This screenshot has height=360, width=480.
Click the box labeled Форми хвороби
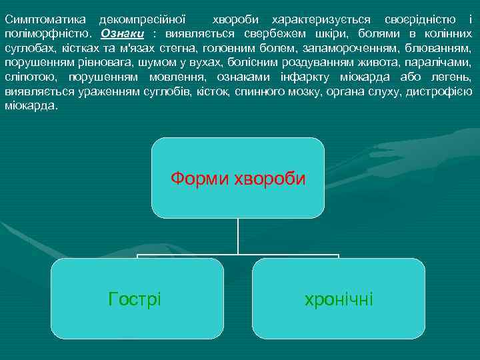238,179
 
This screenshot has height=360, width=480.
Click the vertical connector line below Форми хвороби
238,237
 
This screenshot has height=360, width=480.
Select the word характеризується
335,19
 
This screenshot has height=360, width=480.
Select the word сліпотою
30,77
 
